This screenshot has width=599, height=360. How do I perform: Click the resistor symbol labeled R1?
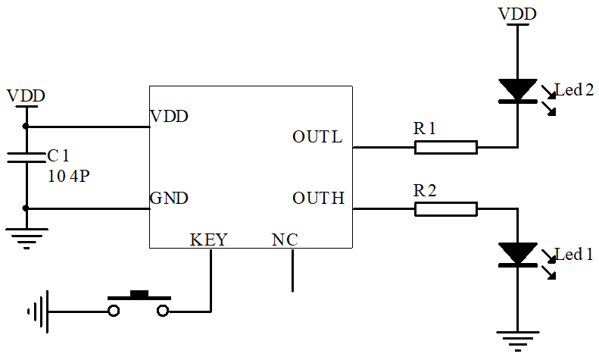click(x=445, y=147)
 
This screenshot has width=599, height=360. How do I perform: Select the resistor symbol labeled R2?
click(x=445, y=208)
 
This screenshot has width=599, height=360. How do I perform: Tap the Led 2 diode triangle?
click(x=518, y=89)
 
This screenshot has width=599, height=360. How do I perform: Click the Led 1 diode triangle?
click(x=518, y=254)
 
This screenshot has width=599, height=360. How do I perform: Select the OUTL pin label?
click(x=317, y=137)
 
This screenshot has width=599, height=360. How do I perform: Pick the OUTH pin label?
click(x=318, y=199)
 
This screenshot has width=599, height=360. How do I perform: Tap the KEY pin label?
click(x=208, y=239)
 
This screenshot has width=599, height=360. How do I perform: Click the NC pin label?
click(x=285, y=239)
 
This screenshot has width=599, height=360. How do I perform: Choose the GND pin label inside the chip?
click(x=169, y=199)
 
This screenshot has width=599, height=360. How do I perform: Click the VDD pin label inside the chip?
click(x=169, y=117)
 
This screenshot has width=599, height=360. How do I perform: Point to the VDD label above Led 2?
click(x=516, y=14)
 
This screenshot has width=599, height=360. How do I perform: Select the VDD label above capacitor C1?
click(x=26, y=96)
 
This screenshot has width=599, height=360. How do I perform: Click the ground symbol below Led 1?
click(x=518, y=340)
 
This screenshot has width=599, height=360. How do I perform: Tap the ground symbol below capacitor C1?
click(x=26, y=239)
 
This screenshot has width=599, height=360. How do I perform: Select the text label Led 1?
click(x=574, y=255)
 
